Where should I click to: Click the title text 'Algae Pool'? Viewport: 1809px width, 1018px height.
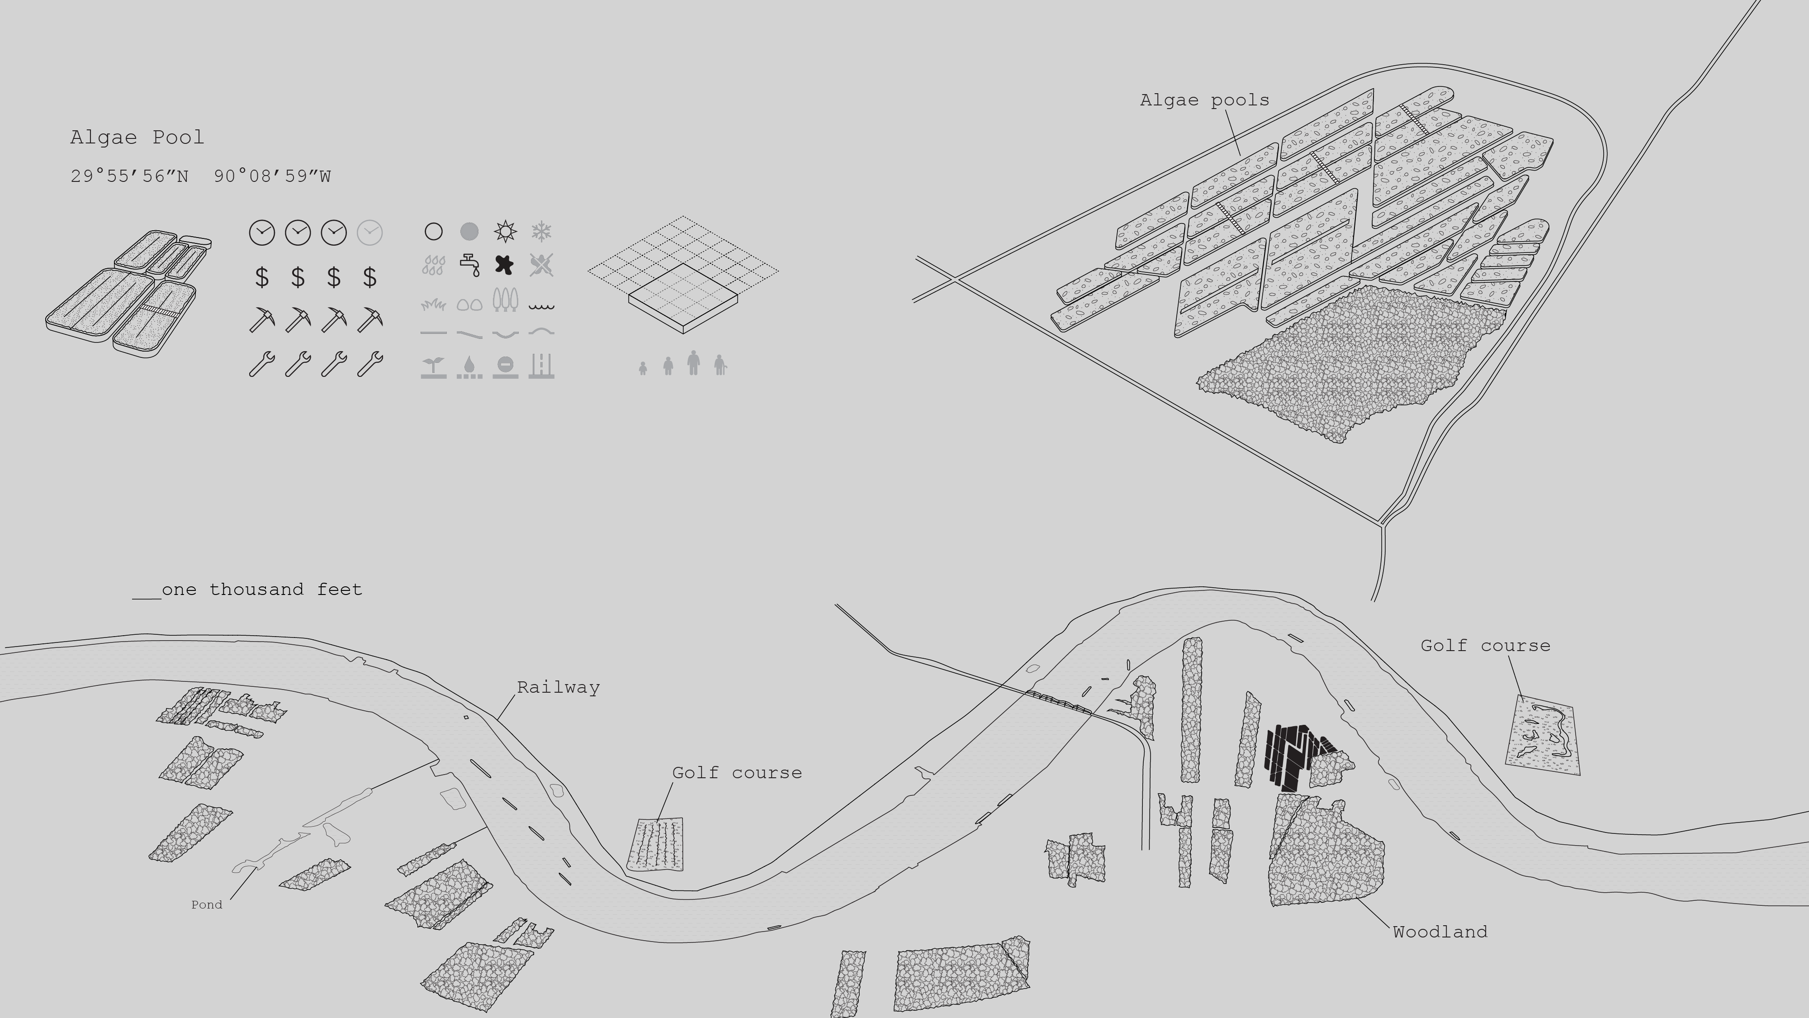pos(137,137)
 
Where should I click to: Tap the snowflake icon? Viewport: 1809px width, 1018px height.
pos(541,231)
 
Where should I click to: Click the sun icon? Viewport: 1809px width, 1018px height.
pos(505,231)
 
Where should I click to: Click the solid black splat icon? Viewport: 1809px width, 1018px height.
pos(504,265)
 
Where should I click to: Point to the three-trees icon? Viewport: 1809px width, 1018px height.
pos(505,300)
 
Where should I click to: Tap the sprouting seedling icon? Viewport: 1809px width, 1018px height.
pos(433,367)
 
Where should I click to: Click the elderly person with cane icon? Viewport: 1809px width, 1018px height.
pos(720,365)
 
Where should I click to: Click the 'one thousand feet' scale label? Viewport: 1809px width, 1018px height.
pos(262,590)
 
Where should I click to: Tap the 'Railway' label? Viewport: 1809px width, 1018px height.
pos(558,687)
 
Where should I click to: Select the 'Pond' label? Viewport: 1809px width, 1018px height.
pos(207,905)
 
